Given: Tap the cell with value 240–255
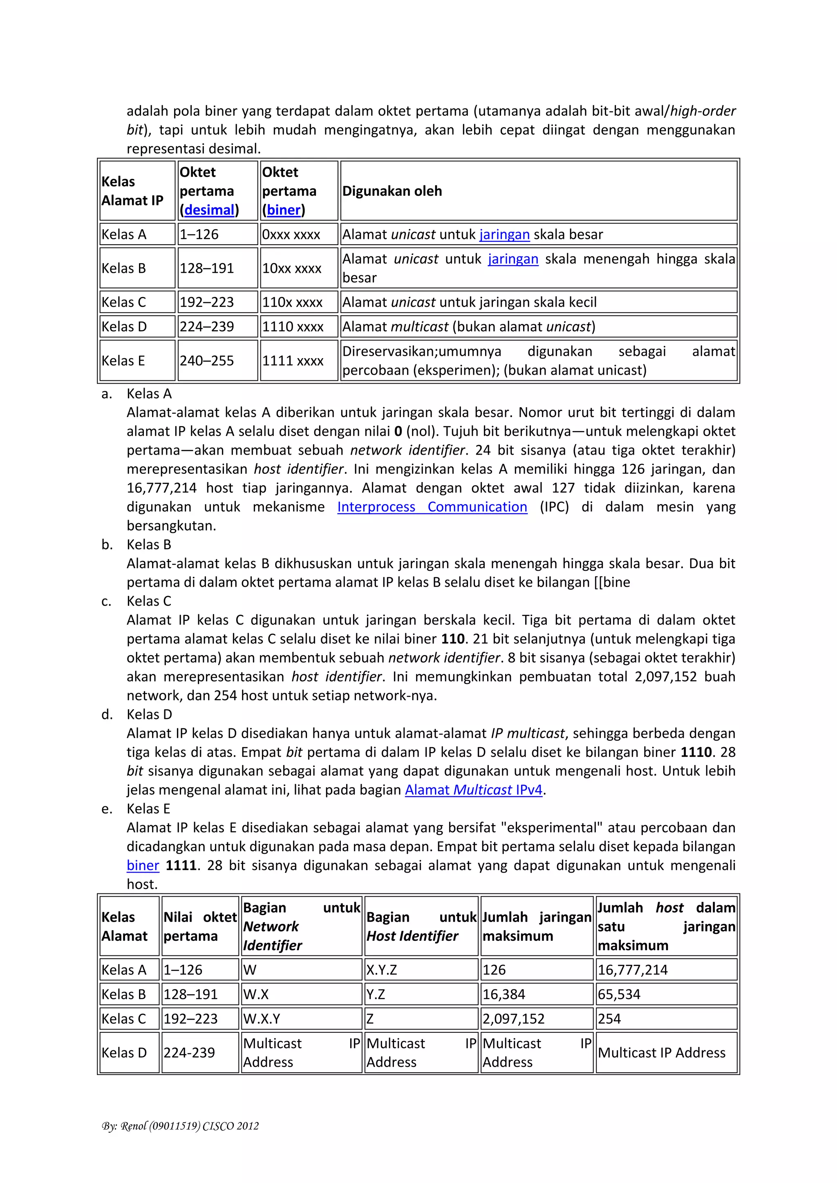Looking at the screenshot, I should (x=207, y=361).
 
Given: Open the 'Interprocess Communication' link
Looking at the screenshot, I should (x=432, y=507).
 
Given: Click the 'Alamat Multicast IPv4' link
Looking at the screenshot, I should (x=473, y=790).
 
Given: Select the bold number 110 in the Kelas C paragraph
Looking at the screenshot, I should (x=453, y=639).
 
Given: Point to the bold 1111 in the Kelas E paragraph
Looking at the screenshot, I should (x=181, y=865).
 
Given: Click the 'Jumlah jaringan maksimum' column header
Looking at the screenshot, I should (x=536, y=926).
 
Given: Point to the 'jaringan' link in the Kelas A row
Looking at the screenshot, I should (x=504, y=235).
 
